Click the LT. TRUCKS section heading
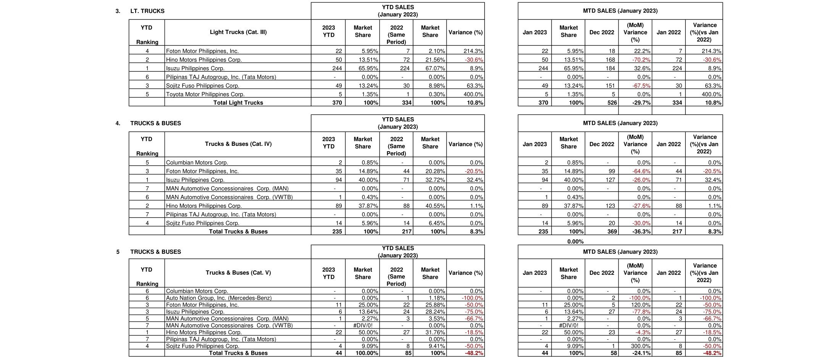tap(147, 11)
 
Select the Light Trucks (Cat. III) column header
tap(238, 32)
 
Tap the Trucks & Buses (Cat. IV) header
tap(238, 144)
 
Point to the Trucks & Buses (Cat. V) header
tap(238, 273)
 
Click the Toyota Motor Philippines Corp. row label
tap(205, 94)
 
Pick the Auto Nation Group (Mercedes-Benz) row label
tap(219, 298)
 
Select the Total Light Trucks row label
tap(238, 103)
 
